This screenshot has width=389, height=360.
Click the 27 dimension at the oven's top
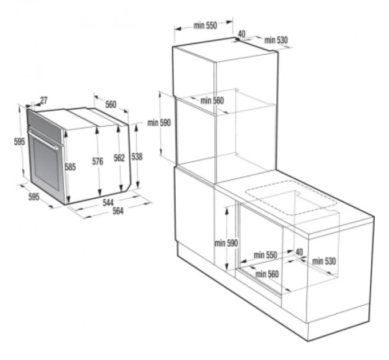pyautogui.click(x=43, y=101)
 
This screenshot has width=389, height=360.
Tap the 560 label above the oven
pyautogui.click(x=110, y=104)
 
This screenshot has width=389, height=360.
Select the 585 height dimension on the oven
pyautogui.click(x=70, y=167)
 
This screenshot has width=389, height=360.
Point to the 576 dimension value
pyautogui.click(x=98, y=162)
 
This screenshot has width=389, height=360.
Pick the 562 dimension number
pyautogui.click(x=119, y=158)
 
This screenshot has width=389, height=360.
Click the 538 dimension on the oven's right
pyautogui.click(x=137, y=156)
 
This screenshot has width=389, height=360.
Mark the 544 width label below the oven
pyautogui.click(x=108, y=202)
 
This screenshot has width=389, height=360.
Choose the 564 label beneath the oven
pyautogui.click(x=117, y=211)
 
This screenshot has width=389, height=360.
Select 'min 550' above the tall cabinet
pyautogui.click(x=205, y=26)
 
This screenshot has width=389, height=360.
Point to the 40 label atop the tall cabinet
pyautogui.click(x=241, y=34)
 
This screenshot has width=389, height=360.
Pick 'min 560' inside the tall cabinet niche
pyautogui.click(x=212, y=101)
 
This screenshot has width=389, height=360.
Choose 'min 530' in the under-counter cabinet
pyautogui.click(x=324, y=261)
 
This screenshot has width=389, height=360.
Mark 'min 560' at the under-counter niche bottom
pyautogui.click(x=267, y=274)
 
